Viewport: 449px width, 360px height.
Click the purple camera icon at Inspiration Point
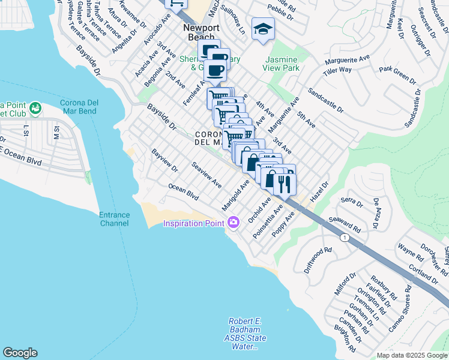click(233, 223)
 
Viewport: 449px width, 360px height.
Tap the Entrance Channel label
click(114, 219)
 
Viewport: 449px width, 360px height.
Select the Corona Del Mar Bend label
click(83, 107)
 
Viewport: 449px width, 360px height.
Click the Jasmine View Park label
click(280, 64)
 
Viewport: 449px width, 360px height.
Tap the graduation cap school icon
click(262, 29)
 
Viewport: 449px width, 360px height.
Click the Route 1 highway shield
click(344, 238)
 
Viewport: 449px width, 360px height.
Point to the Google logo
click(20, 353)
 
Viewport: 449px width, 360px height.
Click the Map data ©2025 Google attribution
click(411, 355)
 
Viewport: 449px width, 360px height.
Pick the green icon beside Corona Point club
click(35, 108)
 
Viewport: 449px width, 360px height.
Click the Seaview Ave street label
click(206, 174)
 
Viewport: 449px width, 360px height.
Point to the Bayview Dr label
click(164, 160)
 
